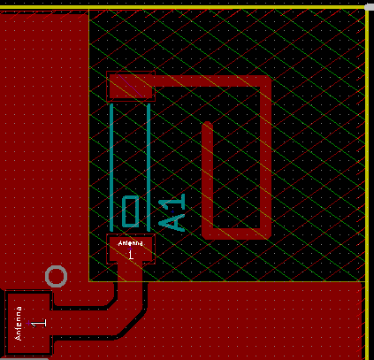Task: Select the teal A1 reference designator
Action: (172, 212)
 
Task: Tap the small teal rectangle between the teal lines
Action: (131, 211)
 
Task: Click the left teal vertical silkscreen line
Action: (111, 167)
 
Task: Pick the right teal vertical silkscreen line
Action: (149, 167)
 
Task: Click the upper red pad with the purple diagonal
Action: (131, 86)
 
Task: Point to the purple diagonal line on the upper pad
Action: (131, 86)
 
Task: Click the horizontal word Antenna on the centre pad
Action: (131, 243)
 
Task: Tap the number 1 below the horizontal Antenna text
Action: (131, 255)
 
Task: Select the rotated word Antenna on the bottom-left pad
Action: (19, 324)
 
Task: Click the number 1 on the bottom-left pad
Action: (39, 323)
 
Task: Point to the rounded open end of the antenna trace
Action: (208, 124)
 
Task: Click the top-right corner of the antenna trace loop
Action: (266, 80)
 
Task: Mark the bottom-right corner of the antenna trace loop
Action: (266, 234)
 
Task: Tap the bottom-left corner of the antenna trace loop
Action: (208, 234)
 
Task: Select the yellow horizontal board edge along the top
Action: (183, 7)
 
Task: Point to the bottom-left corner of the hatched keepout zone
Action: (89, 281)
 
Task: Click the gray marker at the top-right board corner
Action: (370, 7)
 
